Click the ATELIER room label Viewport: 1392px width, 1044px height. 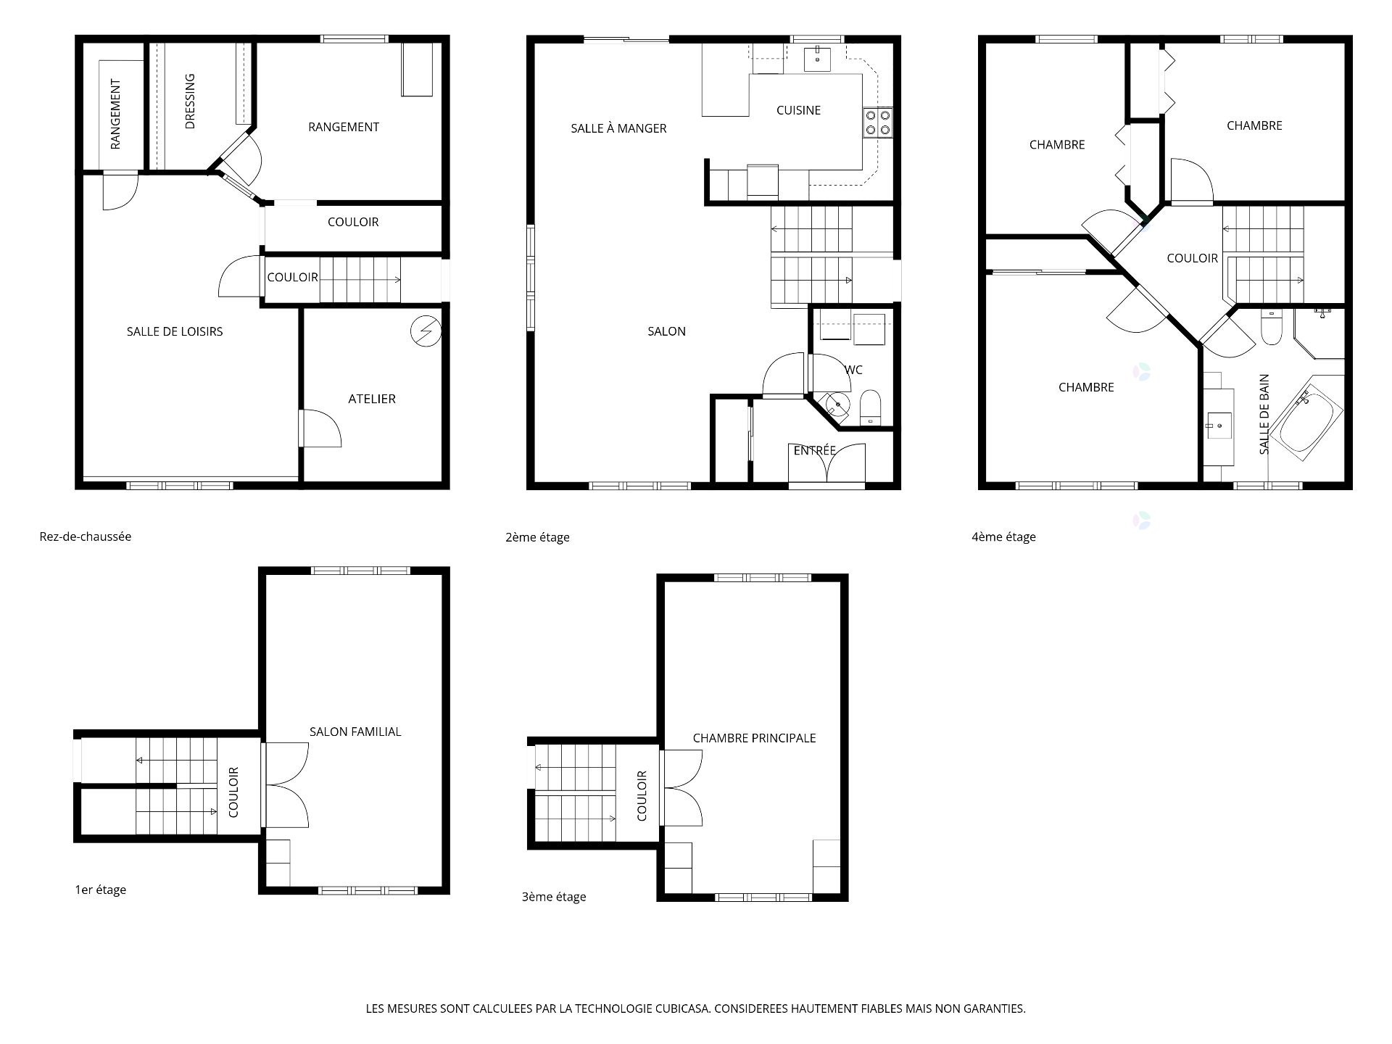pyautogui.click(x=372, y=399)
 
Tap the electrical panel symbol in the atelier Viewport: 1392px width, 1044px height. pyautogui.click(x=426, y=331)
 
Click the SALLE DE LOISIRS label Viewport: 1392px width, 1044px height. pyautogui.click(x=175, y=331)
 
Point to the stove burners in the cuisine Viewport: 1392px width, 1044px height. pyautogui.click(x=878, y=123)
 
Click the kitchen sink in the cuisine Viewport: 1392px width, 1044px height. pyautogui.click(x=818, y=58)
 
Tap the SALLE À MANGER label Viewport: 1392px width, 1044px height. pyautogui.click(x=618, y=128)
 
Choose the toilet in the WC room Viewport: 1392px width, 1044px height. pyautogui.click(x=870, y=407)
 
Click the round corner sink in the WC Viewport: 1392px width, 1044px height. pyautogui.click(x=837, y=405)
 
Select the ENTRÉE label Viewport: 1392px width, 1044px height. pyautogui.click(x=815, y=450)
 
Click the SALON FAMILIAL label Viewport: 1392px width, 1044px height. pyautogui.click(x=355, y=732)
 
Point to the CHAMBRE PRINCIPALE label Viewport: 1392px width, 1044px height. pyautogui.click(x=754, y=738)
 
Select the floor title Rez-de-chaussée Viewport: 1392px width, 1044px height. pyautogui.click(x=86, y=536)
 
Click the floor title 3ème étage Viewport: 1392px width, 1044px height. pyautogui.click(x=554, y=897)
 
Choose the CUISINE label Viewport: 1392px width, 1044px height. pyautogui.click(x=798, y=110)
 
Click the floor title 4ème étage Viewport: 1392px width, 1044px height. pyautogui.click(x=1003, y=536)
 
